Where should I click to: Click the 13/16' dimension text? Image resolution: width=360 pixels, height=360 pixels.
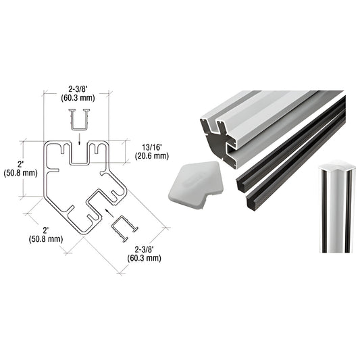[152, 146]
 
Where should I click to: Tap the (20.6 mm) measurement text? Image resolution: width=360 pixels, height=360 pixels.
[152, 155]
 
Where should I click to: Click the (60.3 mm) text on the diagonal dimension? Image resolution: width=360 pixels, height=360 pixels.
[147, 257]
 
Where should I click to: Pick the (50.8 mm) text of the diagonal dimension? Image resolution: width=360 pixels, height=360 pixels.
[45, 238]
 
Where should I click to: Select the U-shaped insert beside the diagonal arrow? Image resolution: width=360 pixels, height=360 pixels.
[123, 228]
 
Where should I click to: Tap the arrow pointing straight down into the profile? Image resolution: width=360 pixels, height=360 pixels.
[79, 140]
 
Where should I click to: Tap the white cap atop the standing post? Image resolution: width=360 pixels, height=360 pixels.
[336, 165]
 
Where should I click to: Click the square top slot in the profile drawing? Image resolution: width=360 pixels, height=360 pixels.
[79, 155]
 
